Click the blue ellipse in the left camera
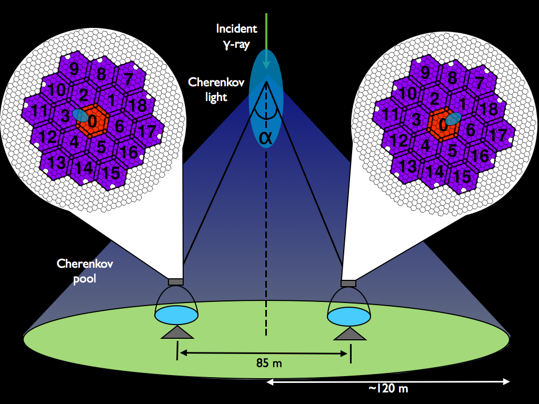(81, 115)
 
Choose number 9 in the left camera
(74, 69)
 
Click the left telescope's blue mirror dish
(176, 314)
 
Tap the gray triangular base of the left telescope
(177, 332)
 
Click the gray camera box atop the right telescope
(348, 284)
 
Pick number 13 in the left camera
(55, 160)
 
